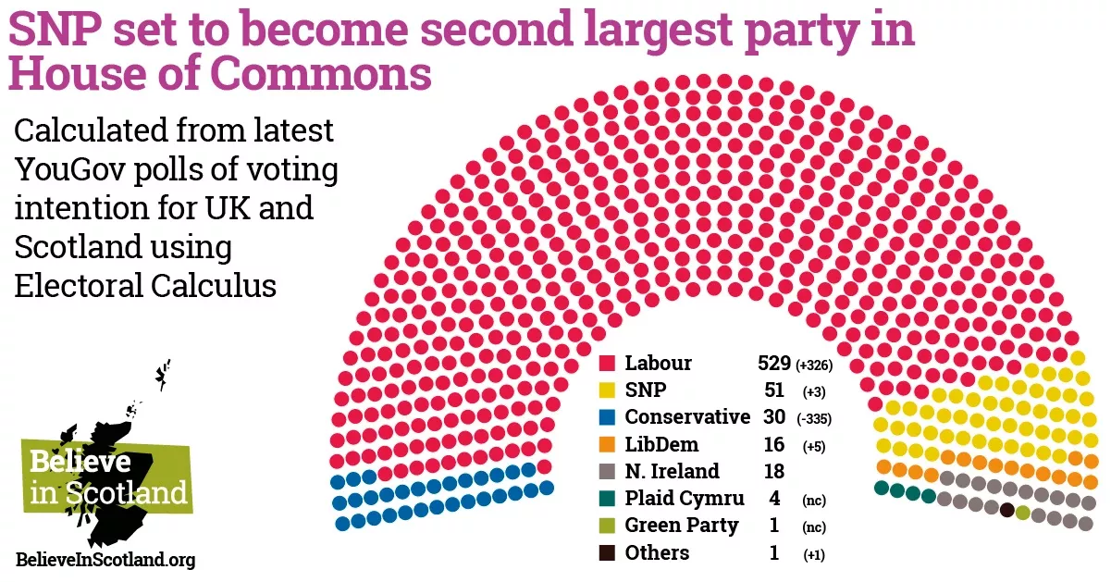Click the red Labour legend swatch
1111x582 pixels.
click(x=608, y=364)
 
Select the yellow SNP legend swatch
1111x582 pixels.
click(x=608, y=390)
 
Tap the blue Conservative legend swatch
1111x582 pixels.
click(x=608, y=417)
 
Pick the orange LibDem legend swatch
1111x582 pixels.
click(x=608, y=445)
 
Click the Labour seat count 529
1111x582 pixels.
click(x=774, y=364)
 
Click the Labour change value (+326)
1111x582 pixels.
click(x=814, y=365)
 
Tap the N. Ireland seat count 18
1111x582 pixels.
click(x=774, y=472)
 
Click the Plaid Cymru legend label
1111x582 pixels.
click(x=684, y=499)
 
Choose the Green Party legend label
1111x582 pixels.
click(x=681, y=526)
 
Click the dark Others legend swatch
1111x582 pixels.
click(x=608, y=553)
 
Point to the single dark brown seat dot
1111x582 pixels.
click(x=1007, y=510)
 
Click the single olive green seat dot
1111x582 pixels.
click(x=1022, y=513)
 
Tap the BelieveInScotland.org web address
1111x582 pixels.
click(x=105, y=560)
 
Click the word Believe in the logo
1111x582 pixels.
click(x=80, y=462)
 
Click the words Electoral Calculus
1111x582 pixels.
click(x=145, y=286)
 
